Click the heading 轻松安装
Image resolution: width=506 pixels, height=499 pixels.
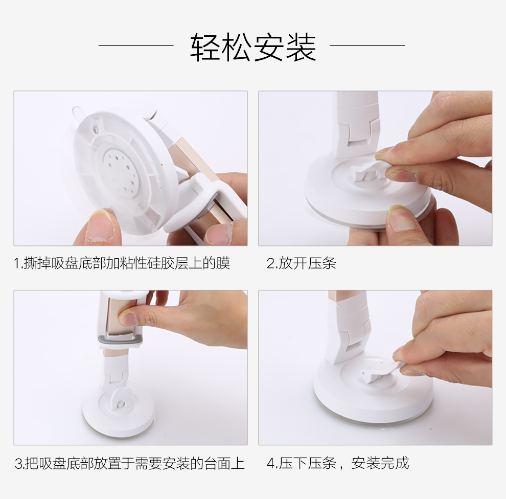click(253, 47)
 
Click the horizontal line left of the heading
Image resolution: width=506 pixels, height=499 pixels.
click(136, 46)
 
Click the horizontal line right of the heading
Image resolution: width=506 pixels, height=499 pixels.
click(367, 46)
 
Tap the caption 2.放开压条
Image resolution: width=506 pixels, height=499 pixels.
click(302, 263)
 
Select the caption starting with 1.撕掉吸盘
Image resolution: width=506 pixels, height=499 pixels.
click(122, 263)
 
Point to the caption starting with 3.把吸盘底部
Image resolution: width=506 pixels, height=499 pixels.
click(130, 464)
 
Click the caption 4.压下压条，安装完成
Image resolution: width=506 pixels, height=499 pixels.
click(338, 463)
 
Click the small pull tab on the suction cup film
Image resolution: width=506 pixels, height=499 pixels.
click(77, 111)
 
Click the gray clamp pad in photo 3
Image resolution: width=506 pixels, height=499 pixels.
click(120, 340)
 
